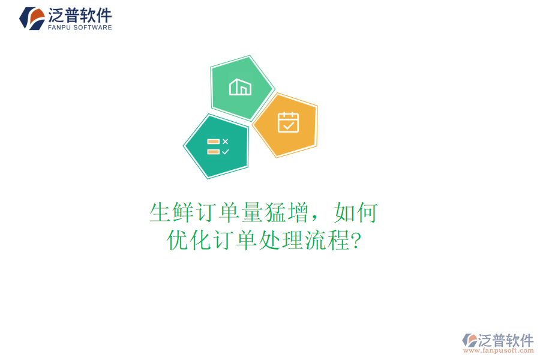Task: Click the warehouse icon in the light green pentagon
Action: tap(240, 88)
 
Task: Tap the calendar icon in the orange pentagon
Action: tap(288, 122)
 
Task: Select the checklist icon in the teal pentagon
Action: tap(218, 147)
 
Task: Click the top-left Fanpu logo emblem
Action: tap(31, 18)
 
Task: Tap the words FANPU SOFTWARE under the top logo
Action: tap(79, 28)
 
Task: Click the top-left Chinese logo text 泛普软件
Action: tap(79, 15)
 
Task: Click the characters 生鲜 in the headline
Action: tap(170, 213)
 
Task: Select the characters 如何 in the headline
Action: tap(356, 213)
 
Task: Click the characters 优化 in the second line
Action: tap(188, 241)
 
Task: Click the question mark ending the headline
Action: tap(356, 241)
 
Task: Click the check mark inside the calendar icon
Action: tap(289, 125)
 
